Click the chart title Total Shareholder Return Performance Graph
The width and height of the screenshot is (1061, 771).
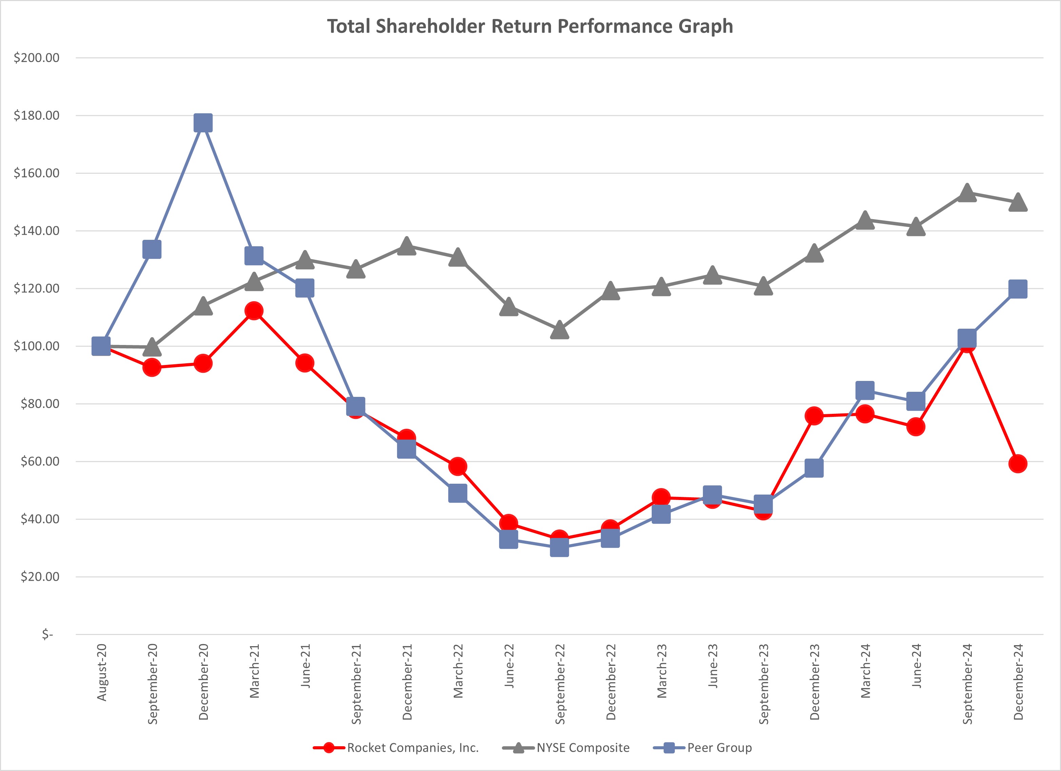(x=530, y=26)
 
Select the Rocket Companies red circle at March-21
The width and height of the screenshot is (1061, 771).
(x=254, y=311)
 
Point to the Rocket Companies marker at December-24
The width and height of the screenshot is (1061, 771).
(x=1018, y=464)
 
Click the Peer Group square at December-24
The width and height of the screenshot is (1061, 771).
(x=1018, y=289)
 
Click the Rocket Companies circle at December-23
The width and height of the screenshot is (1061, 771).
(x=814, y=416)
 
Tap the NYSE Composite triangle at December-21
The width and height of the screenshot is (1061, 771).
(x=407, y=246)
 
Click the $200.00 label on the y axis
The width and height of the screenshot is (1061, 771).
(x=37, y=58)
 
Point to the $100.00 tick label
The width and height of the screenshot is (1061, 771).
(x=37, y=346)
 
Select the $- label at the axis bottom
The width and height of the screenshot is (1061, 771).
(x=47, y=634)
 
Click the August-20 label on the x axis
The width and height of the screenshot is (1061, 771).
(x=101, y=672)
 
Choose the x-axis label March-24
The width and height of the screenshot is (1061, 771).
(x=865, y=670)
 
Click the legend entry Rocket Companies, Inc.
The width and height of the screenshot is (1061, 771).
(x=413, y=748)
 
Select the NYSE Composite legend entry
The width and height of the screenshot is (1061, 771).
(x=583, y=748)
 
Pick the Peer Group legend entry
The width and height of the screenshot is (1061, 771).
(x=719, y=748)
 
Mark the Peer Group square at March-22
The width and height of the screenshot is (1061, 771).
(x=457, y=493)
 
